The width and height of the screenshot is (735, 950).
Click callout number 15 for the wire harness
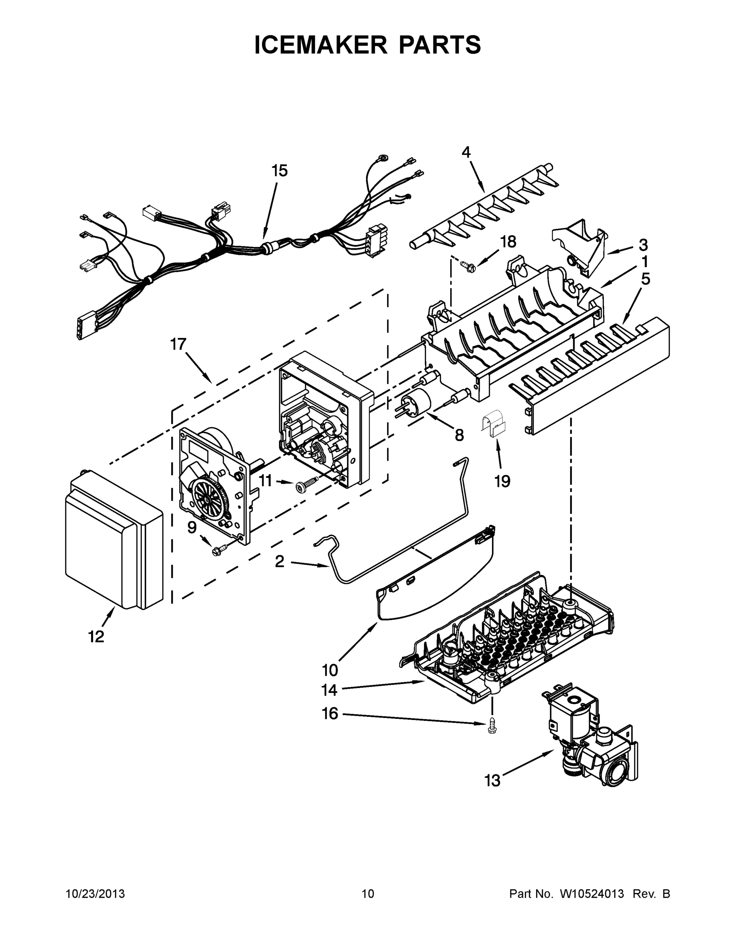[280, 171]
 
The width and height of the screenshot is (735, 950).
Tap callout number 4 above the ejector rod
[466, 152]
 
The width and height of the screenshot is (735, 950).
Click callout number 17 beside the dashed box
[178, 344]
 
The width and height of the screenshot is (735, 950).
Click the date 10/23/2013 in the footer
[95, 894]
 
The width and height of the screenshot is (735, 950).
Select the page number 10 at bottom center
[368, 894]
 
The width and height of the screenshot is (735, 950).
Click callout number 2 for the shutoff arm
[280, 562]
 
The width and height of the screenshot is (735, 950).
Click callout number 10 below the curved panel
[330, 670]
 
